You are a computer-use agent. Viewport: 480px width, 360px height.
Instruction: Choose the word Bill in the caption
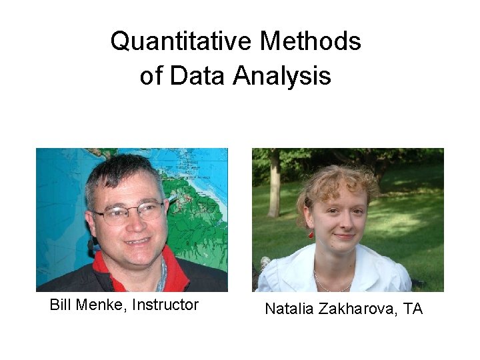(61, 305)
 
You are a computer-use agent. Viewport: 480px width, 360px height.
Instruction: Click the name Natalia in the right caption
(289, 309)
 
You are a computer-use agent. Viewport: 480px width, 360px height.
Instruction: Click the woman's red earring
(311, 234)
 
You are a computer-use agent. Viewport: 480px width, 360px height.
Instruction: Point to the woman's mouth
(344, 237)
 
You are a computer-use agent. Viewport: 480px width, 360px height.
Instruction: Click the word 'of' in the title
(151, 76)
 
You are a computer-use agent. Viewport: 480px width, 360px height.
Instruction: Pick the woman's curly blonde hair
(333, 183)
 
